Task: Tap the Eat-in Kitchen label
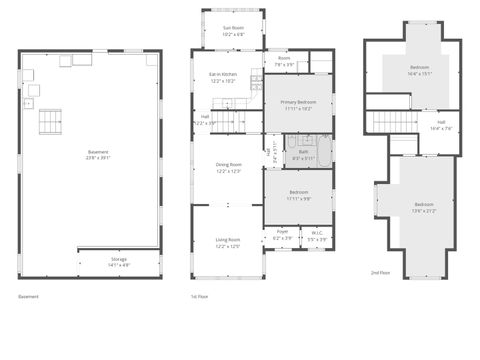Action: pos(223,77)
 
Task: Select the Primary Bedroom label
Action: pos(296,104)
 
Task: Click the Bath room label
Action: pos(303,156)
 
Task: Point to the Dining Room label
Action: pos(229,167)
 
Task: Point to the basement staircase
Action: pos(50,121)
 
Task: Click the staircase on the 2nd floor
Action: pos(392,122)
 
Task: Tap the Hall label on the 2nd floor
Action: pos(441,126)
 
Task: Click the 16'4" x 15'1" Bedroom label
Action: pos(419,70)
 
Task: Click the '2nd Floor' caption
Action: pos(380,272)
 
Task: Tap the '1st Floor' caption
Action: pos(199,297)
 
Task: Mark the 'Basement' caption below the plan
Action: pos(29,297)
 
